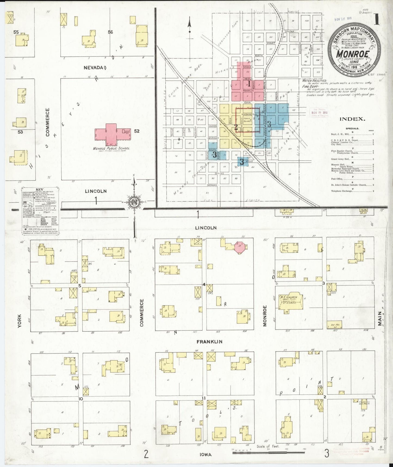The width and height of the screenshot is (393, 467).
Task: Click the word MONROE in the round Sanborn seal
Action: pyautogui.click(x=353, y=53)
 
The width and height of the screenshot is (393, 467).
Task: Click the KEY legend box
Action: pyautogui.click(x=40, y=210)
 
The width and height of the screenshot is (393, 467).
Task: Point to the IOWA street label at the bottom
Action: pyautogui.click(x=205, y=454)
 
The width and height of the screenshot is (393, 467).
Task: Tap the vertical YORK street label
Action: pyautogui.click(x=19, y=321)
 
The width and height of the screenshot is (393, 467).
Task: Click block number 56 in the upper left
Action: pyautogui.click(x=110, y=32)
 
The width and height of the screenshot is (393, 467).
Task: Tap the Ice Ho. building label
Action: pyautogui.click(x=335, y=325)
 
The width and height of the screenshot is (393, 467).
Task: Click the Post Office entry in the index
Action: pyautogui.click(x=337, y=179)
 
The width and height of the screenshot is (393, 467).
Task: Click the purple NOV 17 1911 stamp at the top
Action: pyautogui.click(x=344, y=20)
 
